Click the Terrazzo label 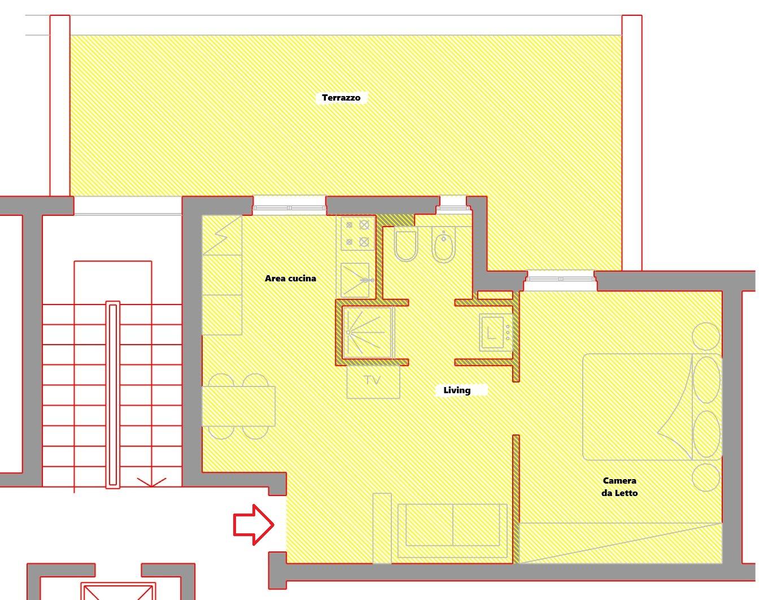pos(341,98)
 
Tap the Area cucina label pos(290,279)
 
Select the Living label pos(457,390)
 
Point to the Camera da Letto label pos(619,486)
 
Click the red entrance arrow pos(254,525)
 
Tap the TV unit pos(373,382)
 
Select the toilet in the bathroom pos(406,245)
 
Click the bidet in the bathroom pos(443,245)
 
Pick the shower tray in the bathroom pos(366,332)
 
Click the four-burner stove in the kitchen pos(356,233)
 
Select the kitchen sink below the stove pos(355,280)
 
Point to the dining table pos(238,406)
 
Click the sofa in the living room pos(452,531)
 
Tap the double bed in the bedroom pos(652,407)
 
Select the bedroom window pos(560,279)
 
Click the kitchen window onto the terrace pos(289,207)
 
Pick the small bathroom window pos(453,206)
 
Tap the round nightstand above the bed pos(706,336)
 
